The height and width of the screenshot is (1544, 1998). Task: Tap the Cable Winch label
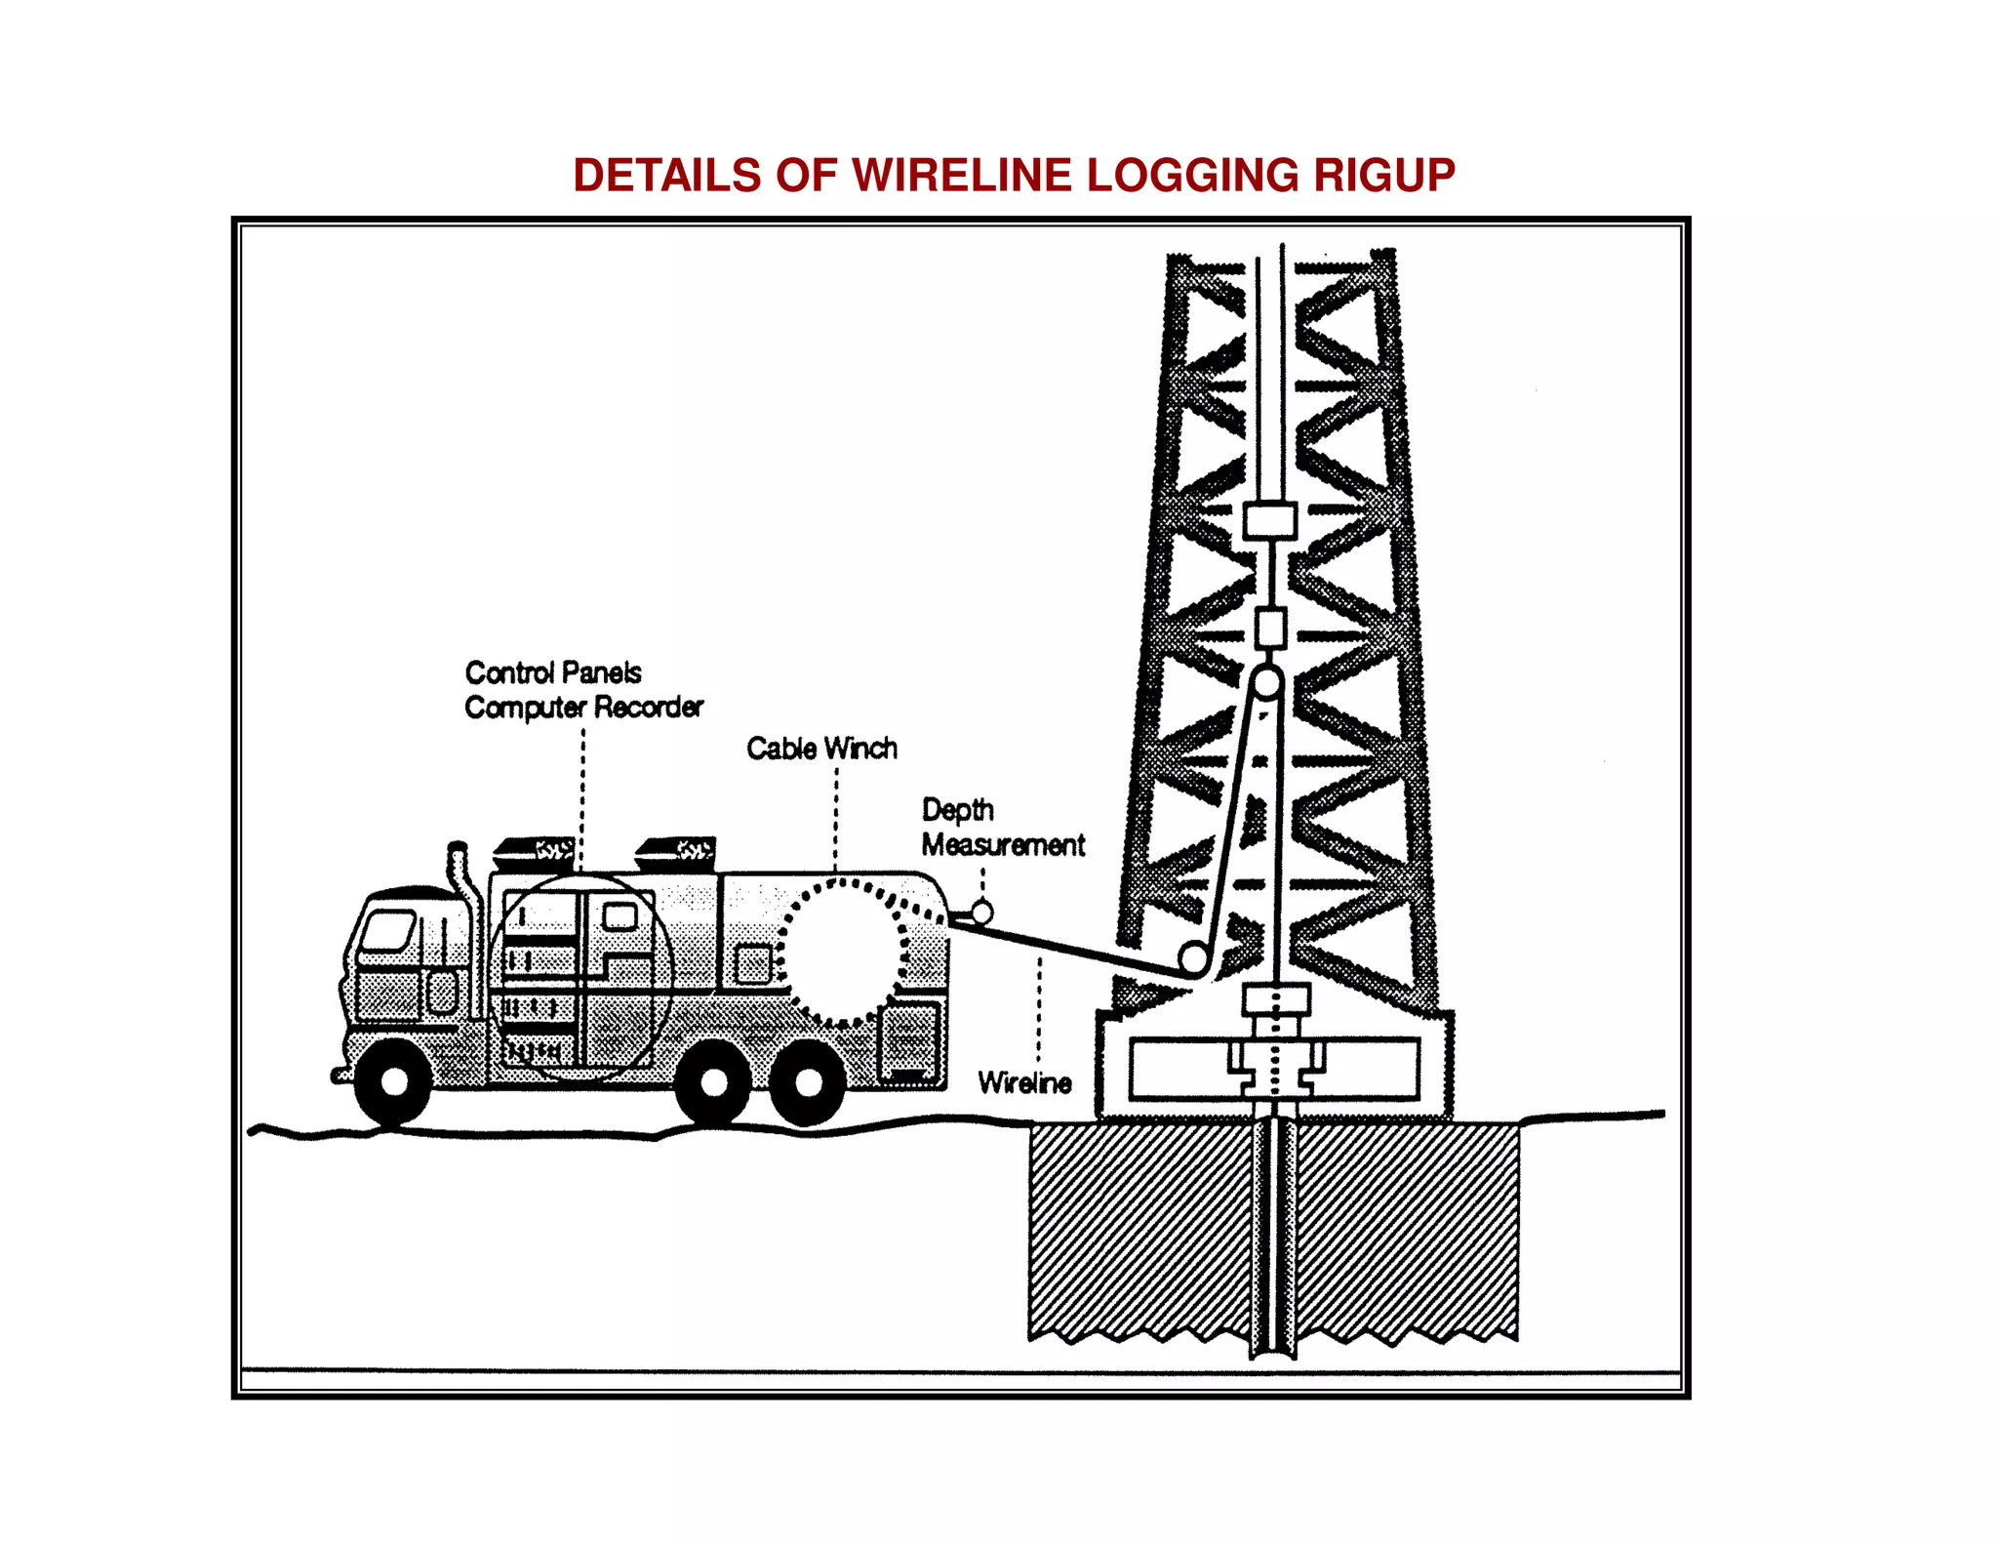[821, 749]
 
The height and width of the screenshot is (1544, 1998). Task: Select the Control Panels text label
[553, 672]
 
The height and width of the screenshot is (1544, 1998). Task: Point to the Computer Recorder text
[583, 707]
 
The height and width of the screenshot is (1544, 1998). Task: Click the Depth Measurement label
[1002, 828]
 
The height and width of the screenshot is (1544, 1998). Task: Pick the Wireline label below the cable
[1024, 1082]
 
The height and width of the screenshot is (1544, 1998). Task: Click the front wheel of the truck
[394, 1081]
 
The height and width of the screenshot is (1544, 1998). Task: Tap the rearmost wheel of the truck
[809, 1081]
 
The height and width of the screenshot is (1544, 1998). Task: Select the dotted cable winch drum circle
[844, 952]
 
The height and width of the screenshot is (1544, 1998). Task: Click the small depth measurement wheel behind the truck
[982, 913]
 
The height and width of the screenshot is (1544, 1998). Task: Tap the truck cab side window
[387, 930]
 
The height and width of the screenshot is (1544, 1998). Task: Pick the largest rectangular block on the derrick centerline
[1270, 520]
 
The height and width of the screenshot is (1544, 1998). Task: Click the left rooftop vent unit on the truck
[535, 852]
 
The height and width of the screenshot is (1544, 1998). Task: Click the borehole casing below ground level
[1273, 1239]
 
